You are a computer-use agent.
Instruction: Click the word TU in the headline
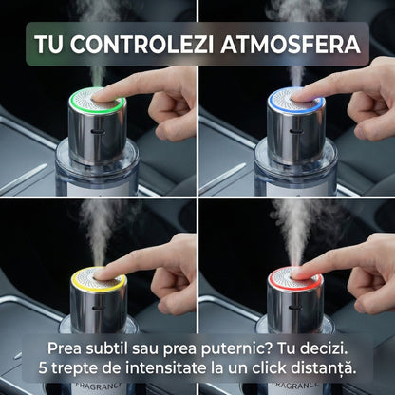click(x=49, y=45)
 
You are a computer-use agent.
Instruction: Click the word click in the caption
click(x=274, y=367)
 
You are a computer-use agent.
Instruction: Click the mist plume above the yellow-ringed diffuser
click(x=94, y=223)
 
